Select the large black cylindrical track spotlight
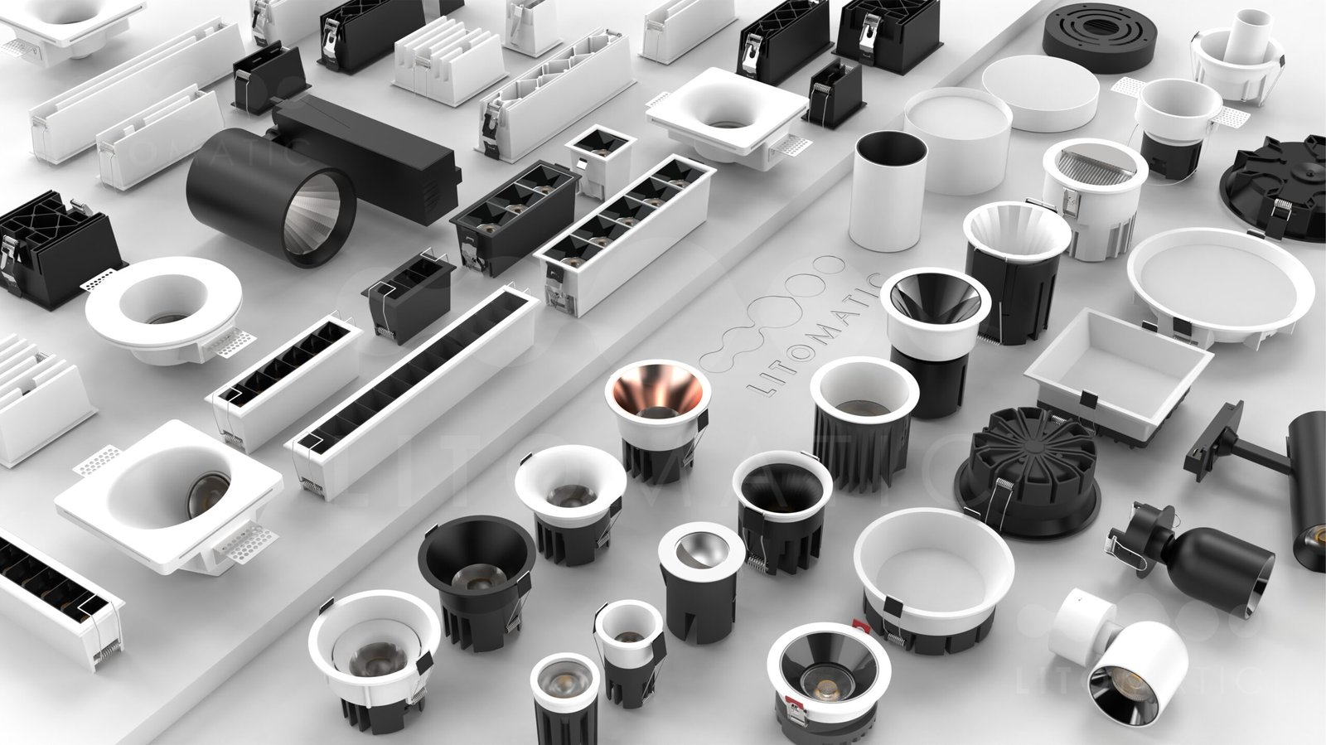273,196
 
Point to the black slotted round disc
1099,36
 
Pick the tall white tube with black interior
888,191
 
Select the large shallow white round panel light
1213,285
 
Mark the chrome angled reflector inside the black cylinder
701,550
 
